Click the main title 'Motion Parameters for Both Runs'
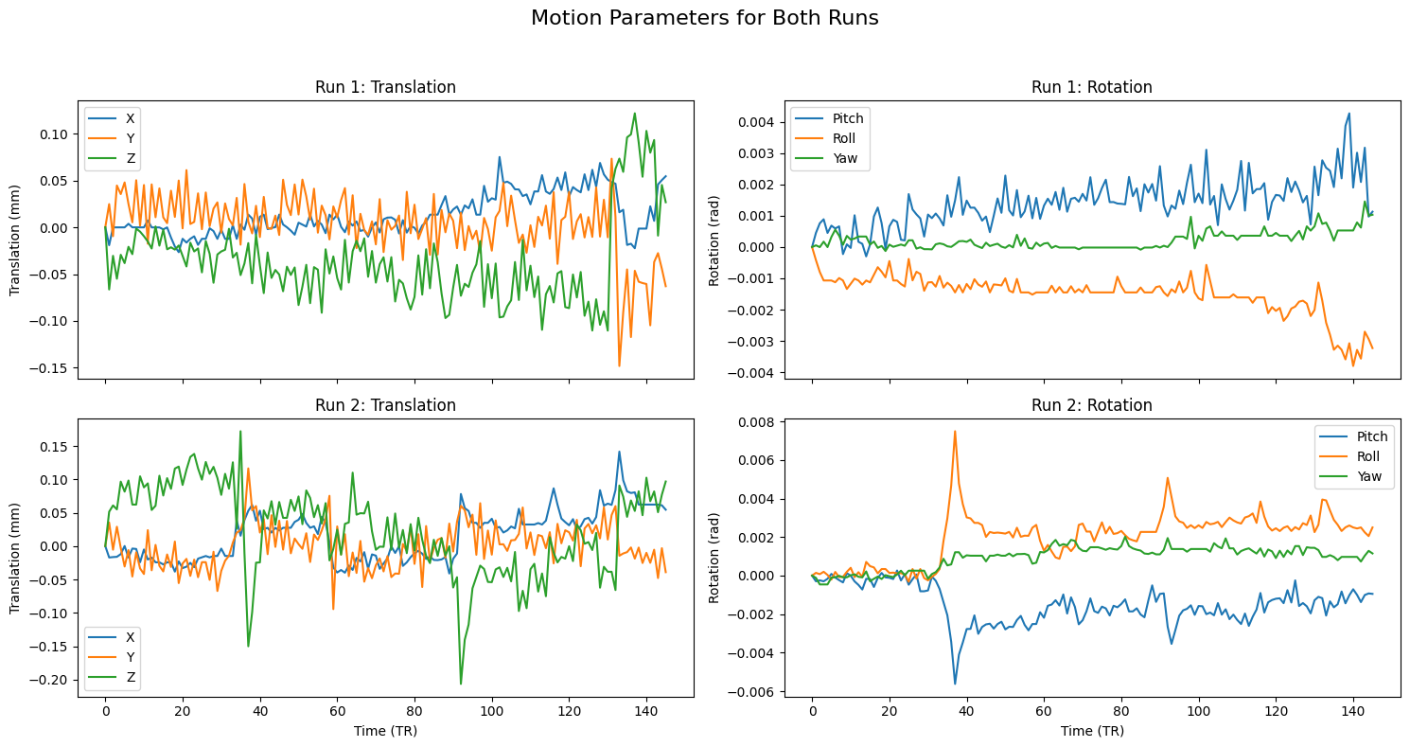(x=705, y=18)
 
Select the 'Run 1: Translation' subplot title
(x=385, y=87)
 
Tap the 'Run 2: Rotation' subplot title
(x=1091, y=405)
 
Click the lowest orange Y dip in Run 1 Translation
(x=619, y=365)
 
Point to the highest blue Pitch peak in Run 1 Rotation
(x=1348, y=114)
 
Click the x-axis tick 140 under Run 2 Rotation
(x=1352, y=710)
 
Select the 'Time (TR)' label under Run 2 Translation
(x=385, y=731)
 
